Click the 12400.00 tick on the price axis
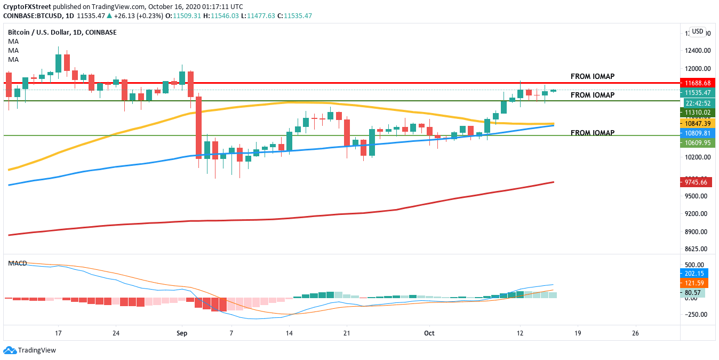coord(698,51)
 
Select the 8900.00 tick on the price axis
coord(698,231)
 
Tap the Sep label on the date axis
coord(182,333)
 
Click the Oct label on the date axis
coord(429,333)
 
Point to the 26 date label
coord(635,333)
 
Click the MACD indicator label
coord(18,263)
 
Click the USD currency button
coord(697,31)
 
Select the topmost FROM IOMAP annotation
coord(592,76)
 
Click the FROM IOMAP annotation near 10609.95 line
coord(592,133)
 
